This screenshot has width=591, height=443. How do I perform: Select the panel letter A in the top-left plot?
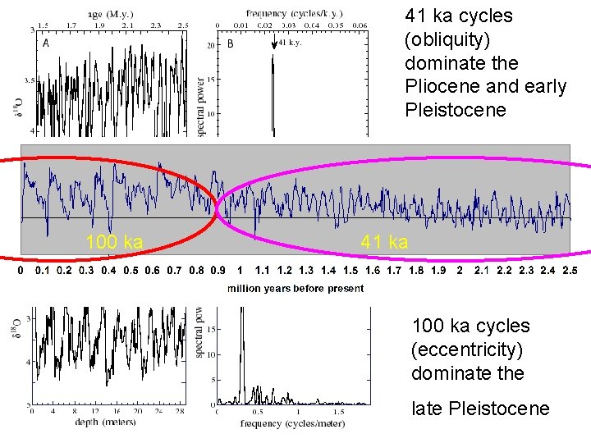click(45, 44)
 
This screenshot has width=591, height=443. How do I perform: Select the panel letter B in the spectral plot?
click(230, 44)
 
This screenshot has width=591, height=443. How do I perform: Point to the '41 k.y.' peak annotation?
click(290, 43)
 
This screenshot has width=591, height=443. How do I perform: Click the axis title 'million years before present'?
click(295, 288)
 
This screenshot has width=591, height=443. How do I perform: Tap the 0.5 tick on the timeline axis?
click(131, 270)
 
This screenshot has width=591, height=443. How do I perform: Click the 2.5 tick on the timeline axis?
click(569, 270)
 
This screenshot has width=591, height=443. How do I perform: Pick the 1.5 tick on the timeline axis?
click(350, 270)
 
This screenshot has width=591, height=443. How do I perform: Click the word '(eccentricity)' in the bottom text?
click(467, 349)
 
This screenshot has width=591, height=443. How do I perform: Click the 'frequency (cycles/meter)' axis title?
click(292, 423)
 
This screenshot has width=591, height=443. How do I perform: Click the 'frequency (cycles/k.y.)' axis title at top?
click(294, 14)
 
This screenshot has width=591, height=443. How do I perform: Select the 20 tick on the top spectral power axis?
click(210, 45)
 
